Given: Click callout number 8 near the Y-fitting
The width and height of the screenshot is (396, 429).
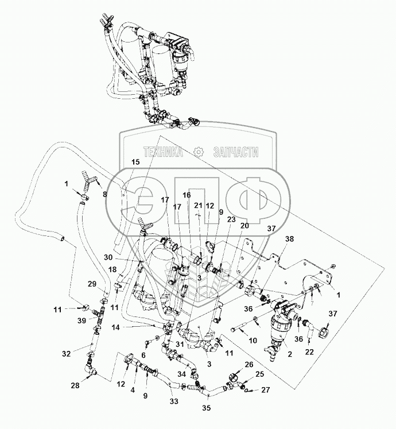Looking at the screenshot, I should pos(104,195).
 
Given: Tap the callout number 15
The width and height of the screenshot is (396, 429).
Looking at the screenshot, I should pos(135,163).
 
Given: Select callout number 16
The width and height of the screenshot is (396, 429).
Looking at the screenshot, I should pos(186,195).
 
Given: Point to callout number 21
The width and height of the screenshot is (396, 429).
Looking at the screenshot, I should pos(198,206).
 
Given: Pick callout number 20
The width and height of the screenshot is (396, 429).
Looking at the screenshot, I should pos(245,226).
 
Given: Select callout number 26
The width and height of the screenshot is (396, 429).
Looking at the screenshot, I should pos(248,365).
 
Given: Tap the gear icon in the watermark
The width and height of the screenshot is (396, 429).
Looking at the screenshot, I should pos(199,152).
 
